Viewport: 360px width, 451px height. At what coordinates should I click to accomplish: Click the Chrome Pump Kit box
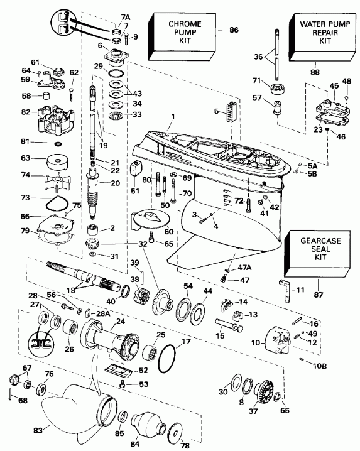tap(178, 34)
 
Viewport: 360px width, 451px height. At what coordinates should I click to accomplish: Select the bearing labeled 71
tap(275, 85)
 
